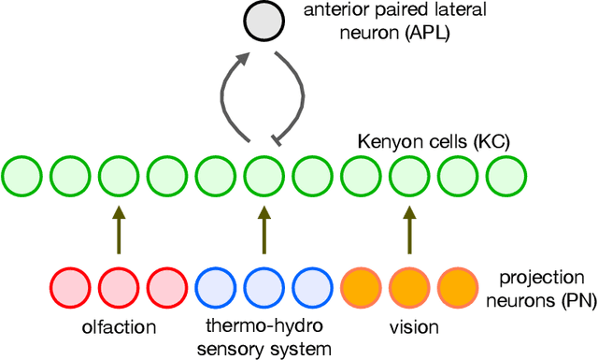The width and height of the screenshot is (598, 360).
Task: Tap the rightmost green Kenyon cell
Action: point(505,174)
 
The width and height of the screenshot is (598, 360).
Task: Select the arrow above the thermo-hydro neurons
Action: point(263,230)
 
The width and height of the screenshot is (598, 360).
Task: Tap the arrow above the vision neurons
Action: point(408,230)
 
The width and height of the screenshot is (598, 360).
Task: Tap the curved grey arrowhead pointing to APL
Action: point(242,59)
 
